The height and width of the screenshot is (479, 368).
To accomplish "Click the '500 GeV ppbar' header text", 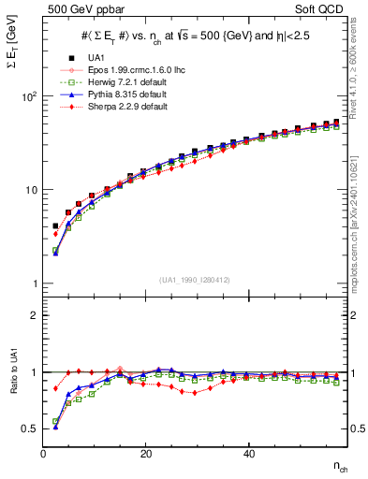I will point(75,8).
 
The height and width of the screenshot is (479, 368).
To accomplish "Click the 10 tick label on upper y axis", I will point(30,190).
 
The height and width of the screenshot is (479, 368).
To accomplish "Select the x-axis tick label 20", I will point(146,454).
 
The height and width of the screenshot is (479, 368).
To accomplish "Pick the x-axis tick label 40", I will point(248,454).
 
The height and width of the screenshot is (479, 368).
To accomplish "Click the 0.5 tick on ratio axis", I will point(30,428).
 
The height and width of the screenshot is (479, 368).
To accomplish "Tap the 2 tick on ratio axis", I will point(35,315).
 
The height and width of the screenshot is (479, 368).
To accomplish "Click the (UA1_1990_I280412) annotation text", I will point(194,280).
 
